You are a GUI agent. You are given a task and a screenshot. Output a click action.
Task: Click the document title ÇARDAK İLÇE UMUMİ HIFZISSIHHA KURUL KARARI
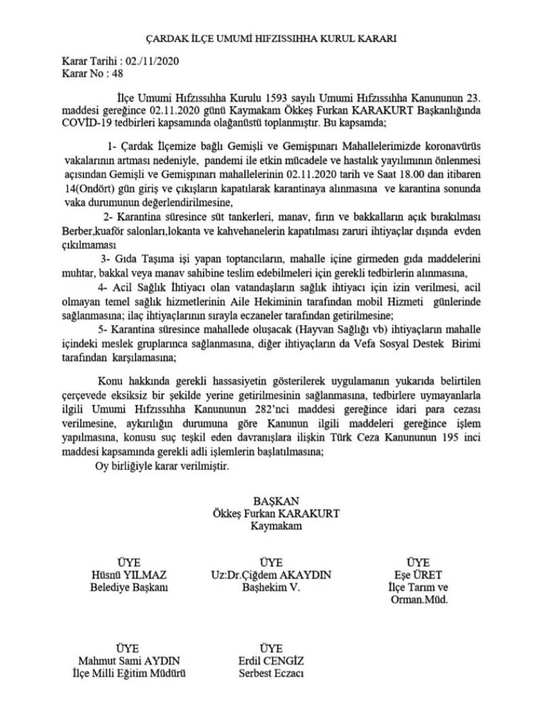pyautogui.click(x=271, y=39)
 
